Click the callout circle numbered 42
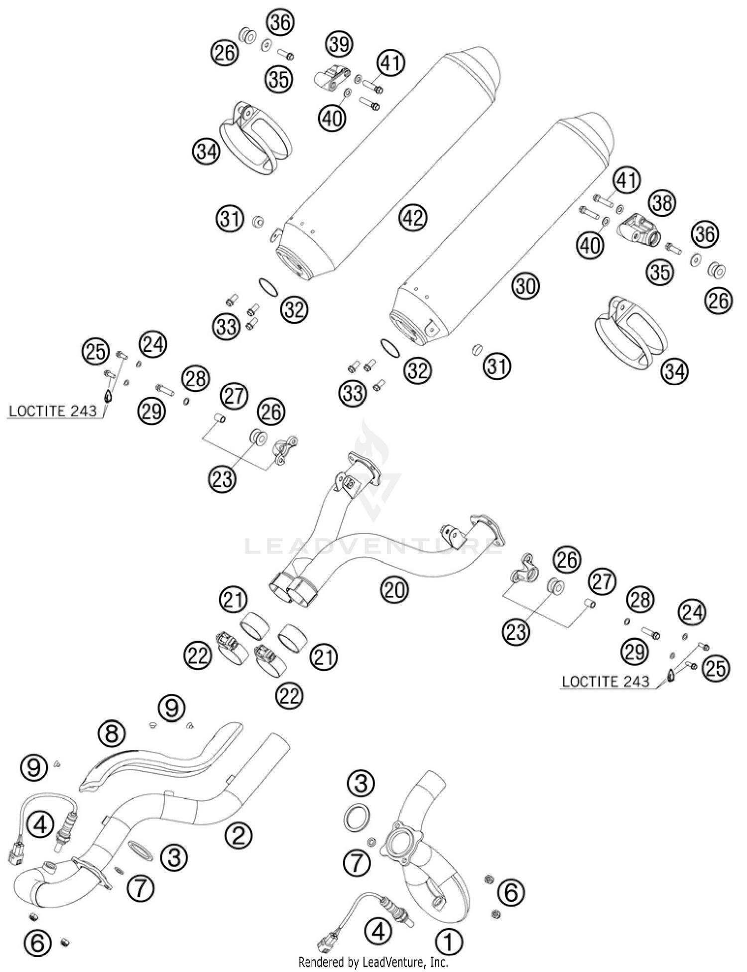[413, 217]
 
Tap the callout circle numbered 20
[394, 589]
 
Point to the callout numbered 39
[339, 44]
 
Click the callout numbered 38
[662, 203]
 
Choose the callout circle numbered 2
[239, 834]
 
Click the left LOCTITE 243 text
[53, 411]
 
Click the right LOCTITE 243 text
[606, 681]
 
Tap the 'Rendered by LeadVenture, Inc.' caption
[373, 962]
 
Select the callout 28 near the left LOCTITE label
[196, 379]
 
